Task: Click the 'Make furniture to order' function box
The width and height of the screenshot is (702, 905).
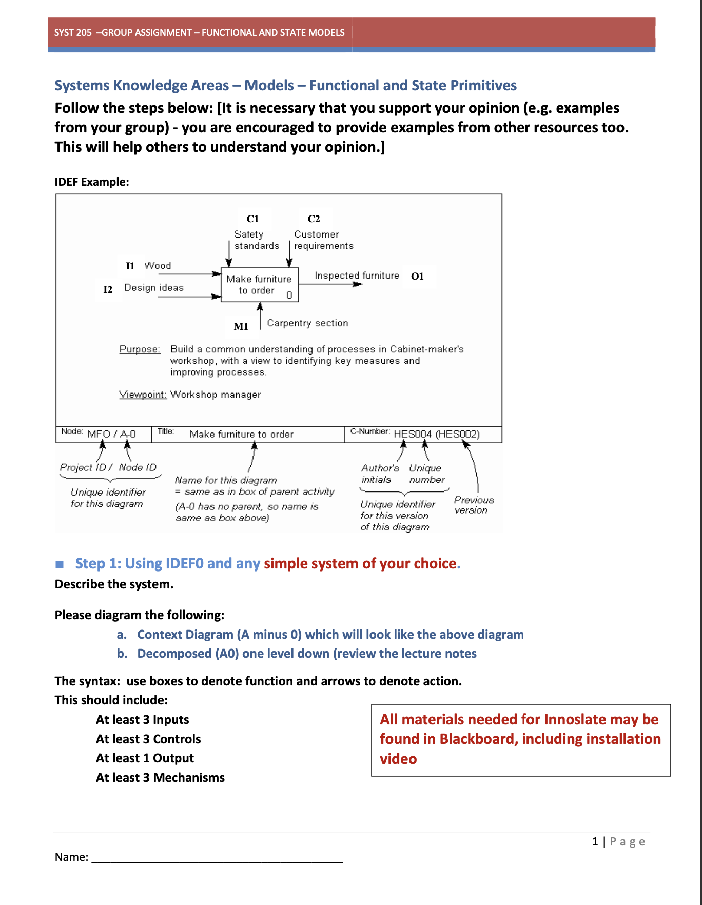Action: [x=259, y=285]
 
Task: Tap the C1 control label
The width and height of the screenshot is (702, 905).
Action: [x=252, y=219]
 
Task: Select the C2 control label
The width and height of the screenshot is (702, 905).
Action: [x=314, y=219]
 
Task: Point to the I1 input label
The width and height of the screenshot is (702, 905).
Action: [x=130, y=266]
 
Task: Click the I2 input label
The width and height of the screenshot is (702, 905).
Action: [x=108, y=289]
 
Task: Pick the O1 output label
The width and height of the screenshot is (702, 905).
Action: [x=417, y=276]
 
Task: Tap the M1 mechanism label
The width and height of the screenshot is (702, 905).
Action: [x=241, y=326]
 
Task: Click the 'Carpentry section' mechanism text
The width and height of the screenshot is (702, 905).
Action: [x=307, y=323]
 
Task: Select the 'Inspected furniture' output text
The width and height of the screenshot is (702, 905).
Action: [x=357, y=276]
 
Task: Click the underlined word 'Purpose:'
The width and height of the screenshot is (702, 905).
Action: [x=140, y=349]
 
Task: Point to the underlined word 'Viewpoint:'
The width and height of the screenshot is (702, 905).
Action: [x=143, y=395]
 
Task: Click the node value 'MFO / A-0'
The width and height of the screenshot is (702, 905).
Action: [x=111, y=434]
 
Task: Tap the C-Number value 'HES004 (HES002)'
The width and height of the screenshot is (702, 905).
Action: [x=436, y=434]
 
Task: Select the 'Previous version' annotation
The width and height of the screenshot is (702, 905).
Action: [x=473, y=505]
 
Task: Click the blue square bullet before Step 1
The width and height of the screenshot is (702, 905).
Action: [x=60, y=564]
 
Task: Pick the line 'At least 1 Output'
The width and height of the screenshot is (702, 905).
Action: [x=145, y=758]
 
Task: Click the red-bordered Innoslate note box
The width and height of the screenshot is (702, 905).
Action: [x=520, y=739]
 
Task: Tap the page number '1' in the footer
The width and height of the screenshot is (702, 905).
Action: [x=595, y=842]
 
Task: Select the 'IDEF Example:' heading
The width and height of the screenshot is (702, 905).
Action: [x=92, y=182]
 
